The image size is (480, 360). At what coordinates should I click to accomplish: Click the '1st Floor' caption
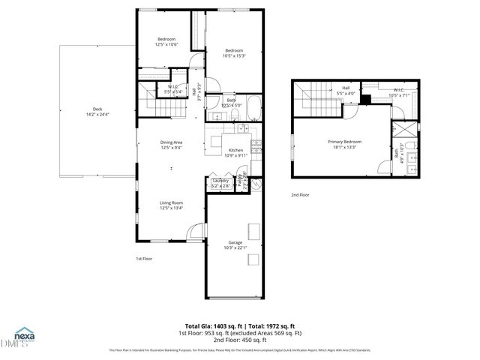click(x=145, y=259)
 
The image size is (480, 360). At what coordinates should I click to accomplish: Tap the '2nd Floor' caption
click(x=301, y=195)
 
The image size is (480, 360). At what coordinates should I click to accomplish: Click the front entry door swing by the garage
click(x=194, y=232)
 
